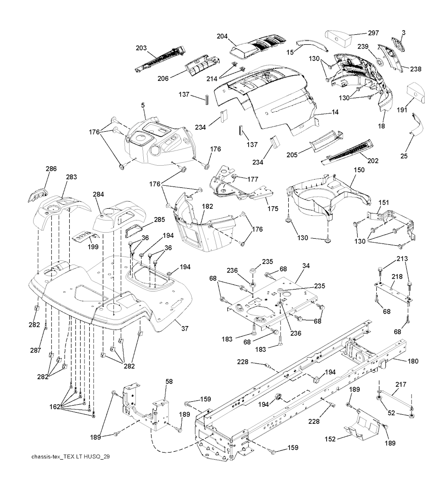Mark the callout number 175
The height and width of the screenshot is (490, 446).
click(x=273, y=209)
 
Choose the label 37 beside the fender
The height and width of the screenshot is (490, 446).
click(x=185, y=328)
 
